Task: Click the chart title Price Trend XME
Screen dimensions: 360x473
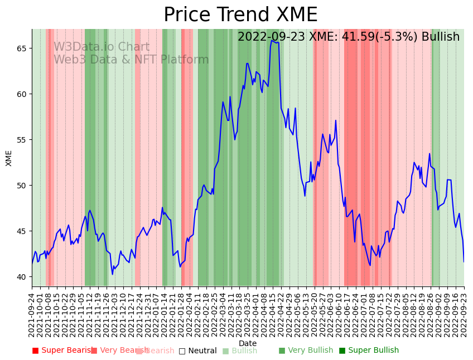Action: (x=240, y=15)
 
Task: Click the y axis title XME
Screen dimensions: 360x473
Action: (x=9, y=158)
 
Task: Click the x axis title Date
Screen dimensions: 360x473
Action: (x=248, y=344)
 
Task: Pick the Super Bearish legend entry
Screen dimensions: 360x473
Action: (x=62, y=351)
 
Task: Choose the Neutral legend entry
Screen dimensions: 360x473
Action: (x=197, y=351)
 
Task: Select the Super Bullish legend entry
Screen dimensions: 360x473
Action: (x=369, y=351)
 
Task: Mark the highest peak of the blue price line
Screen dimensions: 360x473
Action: (x=272, y=40)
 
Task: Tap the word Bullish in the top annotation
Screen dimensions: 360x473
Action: (x=441, y=37)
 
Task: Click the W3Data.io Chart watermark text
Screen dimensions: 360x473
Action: (x=102, y=47)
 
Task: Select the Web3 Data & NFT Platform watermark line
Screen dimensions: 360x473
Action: (x=131, y=60)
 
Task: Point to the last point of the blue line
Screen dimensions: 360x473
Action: (x=464, y=261)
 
